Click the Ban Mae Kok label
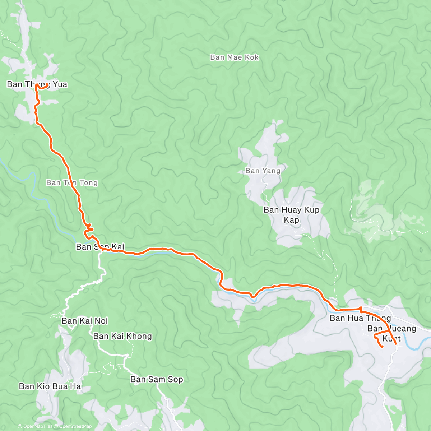coord(234,57)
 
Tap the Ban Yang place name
coord(263,171)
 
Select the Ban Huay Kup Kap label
coord(291,214)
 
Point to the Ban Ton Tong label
coord(72,183)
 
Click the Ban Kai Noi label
coord(85,321)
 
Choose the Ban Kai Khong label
coord(122,336)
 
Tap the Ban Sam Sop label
coord(157,379)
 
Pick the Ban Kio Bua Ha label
coord(50,386)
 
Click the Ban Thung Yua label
coord(37,84)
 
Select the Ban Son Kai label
coord(100,247)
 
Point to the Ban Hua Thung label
coord(360,318)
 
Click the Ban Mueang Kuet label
coord(391,333)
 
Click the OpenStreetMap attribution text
coord(75,426)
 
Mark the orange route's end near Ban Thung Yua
coord(48,85)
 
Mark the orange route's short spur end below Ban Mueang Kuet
coord(381,347)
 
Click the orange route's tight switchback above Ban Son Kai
coord(89,228)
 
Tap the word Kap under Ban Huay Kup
coord(291,220)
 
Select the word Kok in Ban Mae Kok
coord(252,57)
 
